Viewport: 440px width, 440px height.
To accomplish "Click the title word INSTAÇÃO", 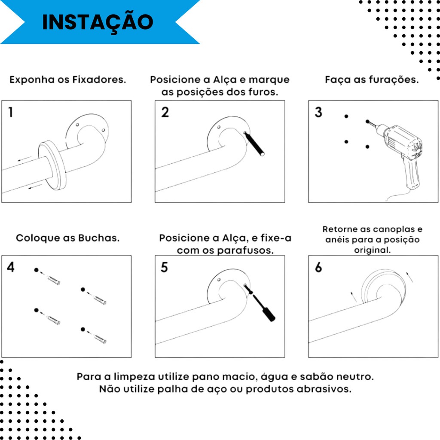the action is [x=98, y=21].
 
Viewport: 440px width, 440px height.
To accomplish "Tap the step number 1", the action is [x=11, y=112].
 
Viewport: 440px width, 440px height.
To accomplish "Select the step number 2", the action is [x=165, y=112].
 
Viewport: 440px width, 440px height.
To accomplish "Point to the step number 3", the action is [x=318, y=112].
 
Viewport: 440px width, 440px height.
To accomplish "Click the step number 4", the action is [x=11, y=267].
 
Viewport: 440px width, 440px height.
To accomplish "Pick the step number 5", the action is [x=164, y=267].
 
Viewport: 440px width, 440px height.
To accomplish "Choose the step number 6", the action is [x=318, y=267].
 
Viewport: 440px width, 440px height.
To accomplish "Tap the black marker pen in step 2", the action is [x=254, y=144].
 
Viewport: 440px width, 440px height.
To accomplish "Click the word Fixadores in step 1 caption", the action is [x=99, y=79].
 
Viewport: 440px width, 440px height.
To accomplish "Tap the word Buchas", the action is [x=99, y=238].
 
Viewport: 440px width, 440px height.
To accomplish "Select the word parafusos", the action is [x=245, y=251].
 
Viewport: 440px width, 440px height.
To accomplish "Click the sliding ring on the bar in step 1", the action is [x=52, y=165].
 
